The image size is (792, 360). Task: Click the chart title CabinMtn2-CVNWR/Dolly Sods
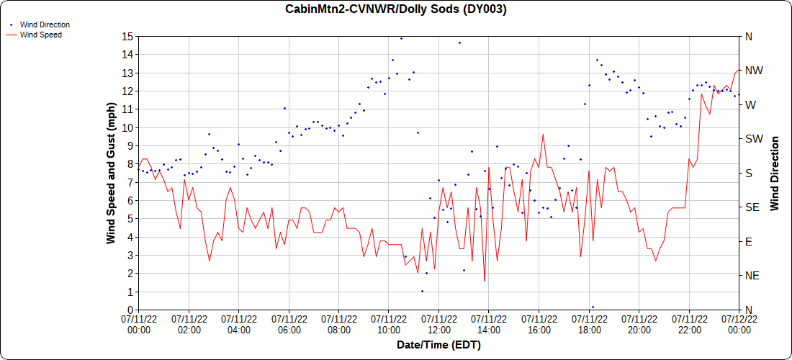point(396,9)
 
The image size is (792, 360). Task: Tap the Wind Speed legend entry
point(40,35)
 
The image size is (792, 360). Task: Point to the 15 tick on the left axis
point(127,36)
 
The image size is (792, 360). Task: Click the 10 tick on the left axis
point(127,127)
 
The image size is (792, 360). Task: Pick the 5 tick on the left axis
point(130,219)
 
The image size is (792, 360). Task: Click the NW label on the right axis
point(753,71)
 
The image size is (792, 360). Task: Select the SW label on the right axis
point(753,139)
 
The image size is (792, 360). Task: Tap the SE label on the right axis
point(752,207)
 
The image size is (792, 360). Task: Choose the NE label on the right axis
point(752,276)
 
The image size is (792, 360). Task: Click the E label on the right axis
point(748,241)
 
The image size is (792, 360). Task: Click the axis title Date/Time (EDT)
point(438,346)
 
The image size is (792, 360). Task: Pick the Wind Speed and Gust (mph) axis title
point(112,173)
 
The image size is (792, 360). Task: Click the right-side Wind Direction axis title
point(775,173)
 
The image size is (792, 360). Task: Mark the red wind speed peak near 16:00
point(543,135)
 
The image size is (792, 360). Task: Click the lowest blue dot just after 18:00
point(593,307)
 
